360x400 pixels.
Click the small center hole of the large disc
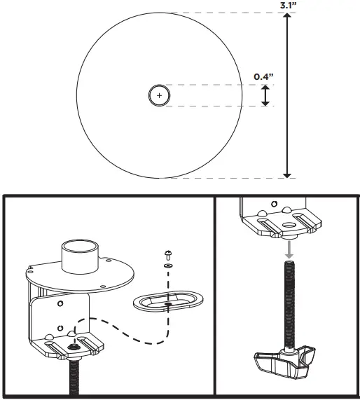[x=160, y=95]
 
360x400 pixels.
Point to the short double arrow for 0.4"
[x=265, y=96]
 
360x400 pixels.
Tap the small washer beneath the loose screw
[x=168, y=266]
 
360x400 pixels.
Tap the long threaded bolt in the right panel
[x=287, y=301]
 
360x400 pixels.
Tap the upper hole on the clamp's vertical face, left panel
[x=61, y=303]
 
